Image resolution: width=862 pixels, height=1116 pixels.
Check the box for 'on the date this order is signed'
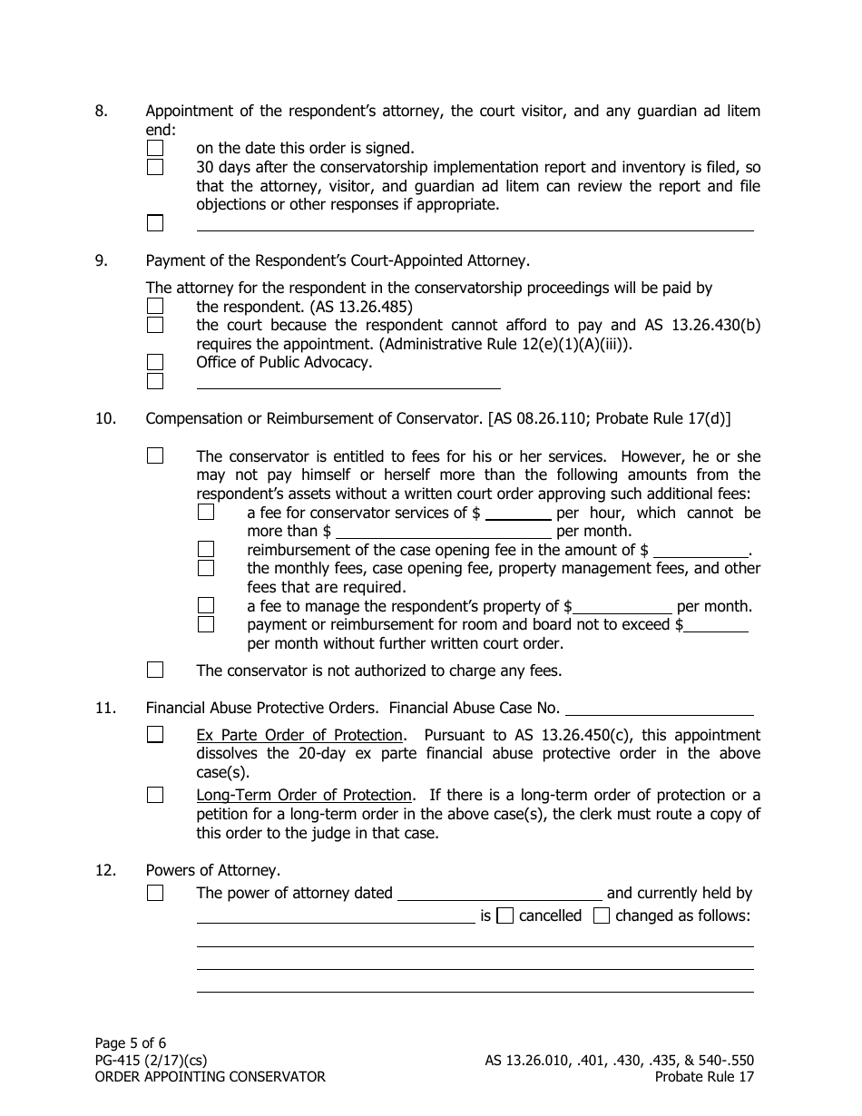[155, 148]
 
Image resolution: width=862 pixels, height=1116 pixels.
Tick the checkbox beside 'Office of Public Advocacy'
[155, 362]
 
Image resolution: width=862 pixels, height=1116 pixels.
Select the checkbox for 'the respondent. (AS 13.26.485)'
[155, 307]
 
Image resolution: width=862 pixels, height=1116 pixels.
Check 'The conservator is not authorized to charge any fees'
[155, 671]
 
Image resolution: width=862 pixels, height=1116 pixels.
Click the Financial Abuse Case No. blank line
[659, 709]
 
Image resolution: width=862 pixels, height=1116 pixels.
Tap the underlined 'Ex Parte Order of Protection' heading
[299, 735]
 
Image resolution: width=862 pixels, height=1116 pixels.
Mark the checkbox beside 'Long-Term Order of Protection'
[155, 795]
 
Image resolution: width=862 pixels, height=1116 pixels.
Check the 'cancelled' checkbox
[505, 915]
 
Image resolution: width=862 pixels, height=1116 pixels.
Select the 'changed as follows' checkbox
[601, 915]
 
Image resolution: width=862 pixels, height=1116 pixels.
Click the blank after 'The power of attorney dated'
[500, 893]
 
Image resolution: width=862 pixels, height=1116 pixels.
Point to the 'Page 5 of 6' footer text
[131, 1043]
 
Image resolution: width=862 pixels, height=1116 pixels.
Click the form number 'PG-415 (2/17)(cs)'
[152, 1060]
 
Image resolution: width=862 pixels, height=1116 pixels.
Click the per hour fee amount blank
[518, 514]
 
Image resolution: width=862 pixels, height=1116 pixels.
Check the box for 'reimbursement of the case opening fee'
[206, 549]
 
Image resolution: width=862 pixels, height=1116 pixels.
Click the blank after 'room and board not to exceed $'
[717, 625]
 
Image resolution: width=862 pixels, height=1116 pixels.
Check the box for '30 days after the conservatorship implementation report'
[155, 167]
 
